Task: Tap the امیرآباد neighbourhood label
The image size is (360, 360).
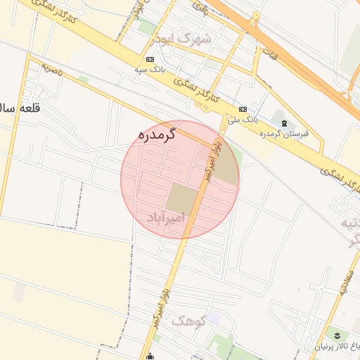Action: tap(166, 218)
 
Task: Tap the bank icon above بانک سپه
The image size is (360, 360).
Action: tap(150, 60)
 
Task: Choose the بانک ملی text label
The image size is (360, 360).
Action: tap(243, 120)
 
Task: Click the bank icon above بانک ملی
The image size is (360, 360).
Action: tap(243, 109)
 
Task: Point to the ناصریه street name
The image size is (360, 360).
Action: tap(53, 69)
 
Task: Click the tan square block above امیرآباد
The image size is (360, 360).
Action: tap(183, 198)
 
